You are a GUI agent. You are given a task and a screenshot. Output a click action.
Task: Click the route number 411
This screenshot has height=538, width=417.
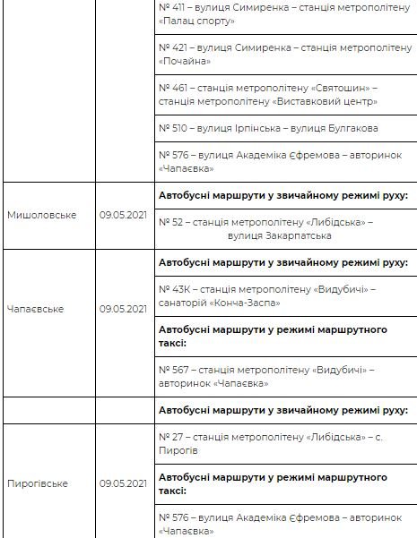point(178,5)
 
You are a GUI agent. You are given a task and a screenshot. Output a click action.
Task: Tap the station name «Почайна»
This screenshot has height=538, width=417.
point(185,62)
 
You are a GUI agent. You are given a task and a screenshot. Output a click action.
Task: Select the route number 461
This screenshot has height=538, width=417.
point(178,89)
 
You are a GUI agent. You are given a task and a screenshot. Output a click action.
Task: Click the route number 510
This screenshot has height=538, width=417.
point(178,128)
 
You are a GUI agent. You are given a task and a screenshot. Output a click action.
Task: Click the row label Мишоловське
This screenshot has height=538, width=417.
point(42,215)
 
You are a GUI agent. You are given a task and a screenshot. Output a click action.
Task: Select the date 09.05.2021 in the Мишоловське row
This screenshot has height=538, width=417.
point(123,215)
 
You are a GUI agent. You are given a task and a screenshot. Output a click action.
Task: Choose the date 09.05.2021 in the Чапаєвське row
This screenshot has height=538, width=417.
point(123,309)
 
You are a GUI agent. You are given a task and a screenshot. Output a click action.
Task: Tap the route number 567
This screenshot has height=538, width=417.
point(178,369)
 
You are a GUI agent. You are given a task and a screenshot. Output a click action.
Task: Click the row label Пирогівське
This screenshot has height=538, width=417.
point(38,483)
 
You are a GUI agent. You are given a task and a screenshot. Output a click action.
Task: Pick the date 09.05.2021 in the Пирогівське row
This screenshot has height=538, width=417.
point(123,483)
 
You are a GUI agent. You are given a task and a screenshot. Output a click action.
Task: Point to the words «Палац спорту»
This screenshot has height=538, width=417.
point(196,20)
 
